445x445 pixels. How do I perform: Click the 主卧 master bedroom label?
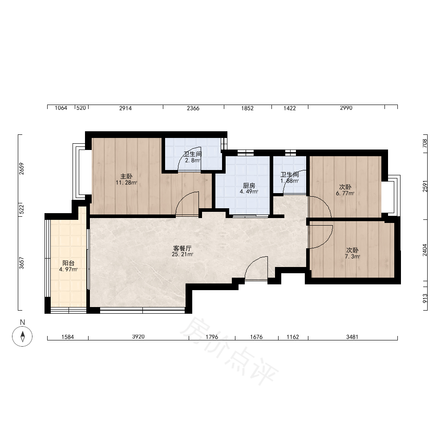pyautogui.click(x=126, y=176)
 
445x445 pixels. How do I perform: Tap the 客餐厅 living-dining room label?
pyautogui.click(x=182, y=248)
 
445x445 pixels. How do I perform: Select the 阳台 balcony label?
pyautogui.click(x=69, y=263)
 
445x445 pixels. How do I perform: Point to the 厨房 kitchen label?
pyautogui.click(x=249, y=186)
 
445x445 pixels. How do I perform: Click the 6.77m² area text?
pyautogui.click(x=345, y=194)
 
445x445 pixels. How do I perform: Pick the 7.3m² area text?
pyautogui.click(x=352, y=257)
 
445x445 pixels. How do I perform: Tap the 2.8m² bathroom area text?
pyautogui.click(x=193, y=160)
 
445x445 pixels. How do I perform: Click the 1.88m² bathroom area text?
pyautogui.click(x=290, y=181)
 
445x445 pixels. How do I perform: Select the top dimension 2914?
pyautogui.click(x=125, y=108)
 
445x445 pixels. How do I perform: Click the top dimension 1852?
pyautogui.click(x=247, y=108)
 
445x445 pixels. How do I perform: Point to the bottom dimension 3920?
pyautogui.click(x=138, y=336)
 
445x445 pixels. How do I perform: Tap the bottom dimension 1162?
pyautogui.click(x=293, y=337)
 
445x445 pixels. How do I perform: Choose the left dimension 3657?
pyautogui.click(x=21, y=263)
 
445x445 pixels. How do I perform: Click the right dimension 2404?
pyautogui.click(x=425, y=250)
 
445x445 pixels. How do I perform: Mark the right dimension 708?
pyautogui.click(x=425, y=143)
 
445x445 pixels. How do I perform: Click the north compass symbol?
pyautogui.click(x=22, y=336)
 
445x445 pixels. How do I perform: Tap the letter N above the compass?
pyautogui.click(x=22, y=322)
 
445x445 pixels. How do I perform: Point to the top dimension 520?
pyautogui.click(x=81, y=108)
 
